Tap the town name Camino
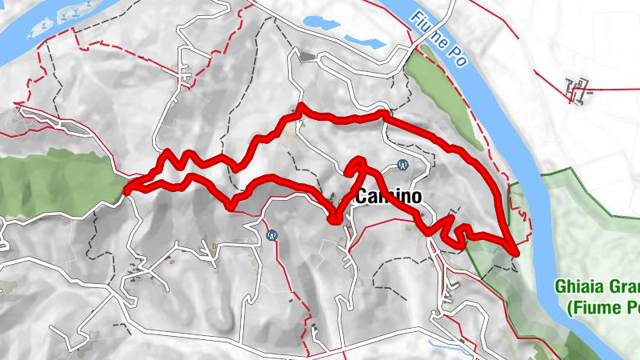pos(388,196)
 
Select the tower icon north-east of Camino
pos(402,166)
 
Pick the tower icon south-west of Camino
pos(273,235)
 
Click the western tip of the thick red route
pos(126,190)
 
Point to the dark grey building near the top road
pos(307,56)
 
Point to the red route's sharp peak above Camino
pos(358,162)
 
